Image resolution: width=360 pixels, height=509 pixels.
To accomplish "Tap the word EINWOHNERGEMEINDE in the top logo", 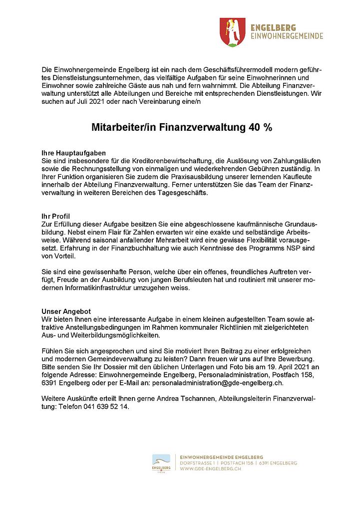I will coord(287,36).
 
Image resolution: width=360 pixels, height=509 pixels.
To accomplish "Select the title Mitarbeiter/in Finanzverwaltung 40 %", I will coord(182,127).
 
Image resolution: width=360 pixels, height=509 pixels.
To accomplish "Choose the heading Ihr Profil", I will coord(56,216).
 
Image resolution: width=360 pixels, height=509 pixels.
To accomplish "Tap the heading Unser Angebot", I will coord(65,310).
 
